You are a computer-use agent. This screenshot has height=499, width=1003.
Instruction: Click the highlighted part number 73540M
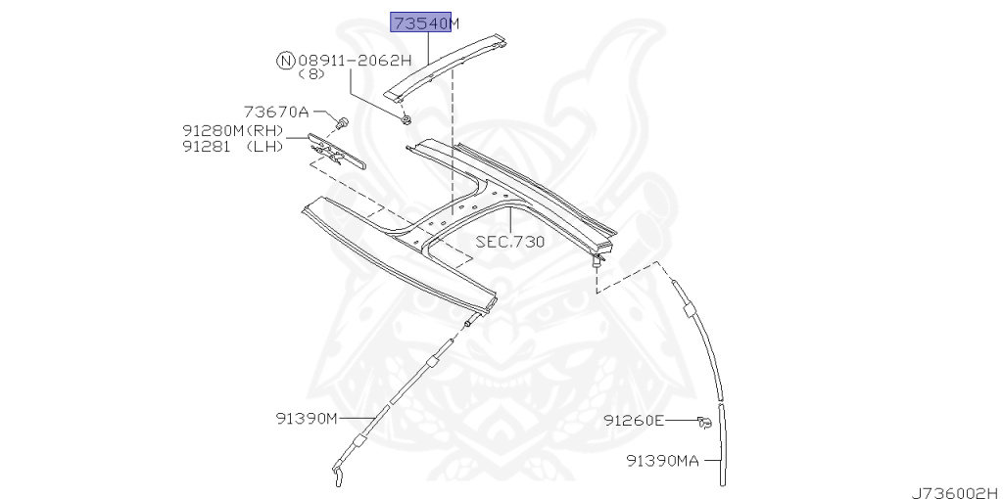coord(425,23)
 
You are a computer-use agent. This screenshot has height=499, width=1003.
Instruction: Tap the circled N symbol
coord(285,61)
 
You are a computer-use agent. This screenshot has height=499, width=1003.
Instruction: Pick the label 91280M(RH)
coord(232,130)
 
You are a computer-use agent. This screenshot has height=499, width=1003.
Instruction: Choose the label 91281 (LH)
coord(232,147)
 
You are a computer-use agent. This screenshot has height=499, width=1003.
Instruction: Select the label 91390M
coord(306,419)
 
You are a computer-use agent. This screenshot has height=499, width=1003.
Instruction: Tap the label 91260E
coord(634,421)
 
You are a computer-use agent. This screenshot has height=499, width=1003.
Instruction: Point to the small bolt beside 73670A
coord(342,122)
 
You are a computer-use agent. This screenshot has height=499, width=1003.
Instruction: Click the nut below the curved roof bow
coord(405,119)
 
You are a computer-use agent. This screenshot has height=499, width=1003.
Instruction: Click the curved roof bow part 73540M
coord(451,68)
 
